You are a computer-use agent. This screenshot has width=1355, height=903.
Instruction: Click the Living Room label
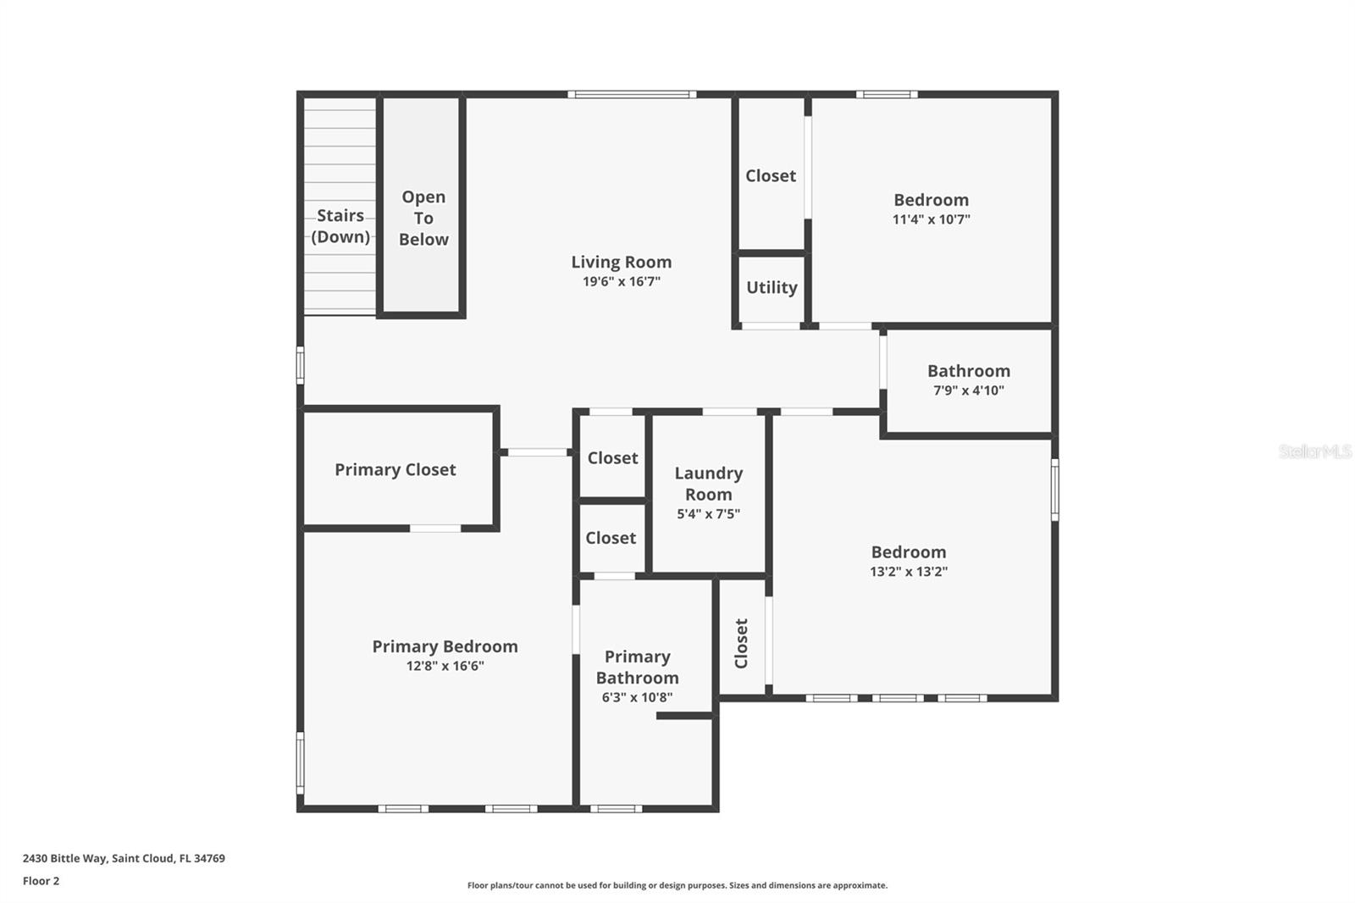point(621,263)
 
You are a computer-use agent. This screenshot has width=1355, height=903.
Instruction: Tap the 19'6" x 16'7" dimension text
point(621,282)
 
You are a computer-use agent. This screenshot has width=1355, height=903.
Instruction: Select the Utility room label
point(772,288)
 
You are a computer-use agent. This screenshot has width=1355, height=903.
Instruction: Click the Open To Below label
point(423,219)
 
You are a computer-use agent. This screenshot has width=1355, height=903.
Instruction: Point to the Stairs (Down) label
point(340,226)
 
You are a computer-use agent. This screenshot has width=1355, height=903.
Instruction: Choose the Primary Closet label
point(395,470)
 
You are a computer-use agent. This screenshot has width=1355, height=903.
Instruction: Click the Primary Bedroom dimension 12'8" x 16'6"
point(445,667)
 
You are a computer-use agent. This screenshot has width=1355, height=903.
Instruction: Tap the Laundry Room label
point(709,484)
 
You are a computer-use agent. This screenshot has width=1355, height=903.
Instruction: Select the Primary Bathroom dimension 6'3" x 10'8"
point(637,698)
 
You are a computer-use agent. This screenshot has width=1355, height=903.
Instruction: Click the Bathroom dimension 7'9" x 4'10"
point(968,391)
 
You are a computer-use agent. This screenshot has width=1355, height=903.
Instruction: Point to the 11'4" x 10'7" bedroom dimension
point(931,219)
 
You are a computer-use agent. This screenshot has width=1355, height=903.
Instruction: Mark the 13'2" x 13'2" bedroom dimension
point(908,572)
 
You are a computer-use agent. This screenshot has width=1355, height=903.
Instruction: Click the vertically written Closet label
point(742,643)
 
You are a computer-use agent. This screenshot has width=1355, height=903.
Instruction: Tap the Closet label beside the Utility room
point(771,176)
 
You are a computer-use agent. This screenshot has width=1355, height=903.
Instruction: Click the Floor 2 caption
point(41,881)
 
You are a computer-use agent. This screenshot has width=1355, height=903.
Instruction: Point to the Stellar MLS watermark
point(1314,451)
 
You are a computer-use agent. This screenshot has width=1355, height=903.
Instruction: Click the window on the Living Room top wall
point(632,94)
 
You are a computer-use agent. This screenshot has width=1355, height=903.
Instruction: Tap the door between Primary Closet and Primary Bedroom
point(435,529)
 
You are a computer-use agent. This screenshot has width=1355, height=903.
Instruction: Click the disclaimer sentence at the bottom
point(677,885)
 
